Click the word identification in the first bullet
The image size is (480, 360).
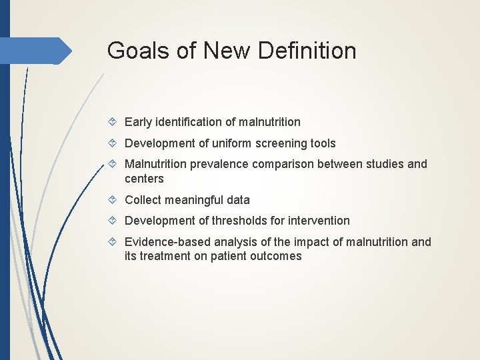(x=189, y=122)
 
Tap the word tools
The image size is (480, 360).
(x=323, y=143)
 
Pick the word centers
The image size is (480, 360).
(x=144, y=179)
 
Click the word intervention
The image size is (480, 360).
(x=319, y=221)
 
